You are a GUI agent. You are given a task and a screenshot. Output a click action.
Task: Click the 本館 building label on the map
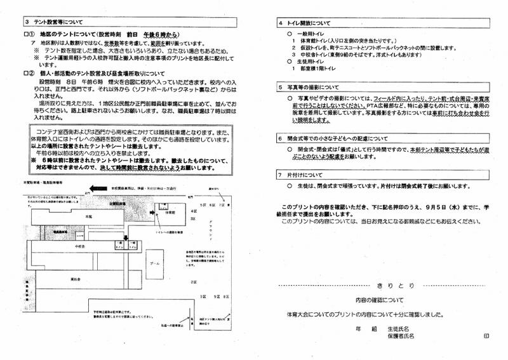[81, 217]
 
